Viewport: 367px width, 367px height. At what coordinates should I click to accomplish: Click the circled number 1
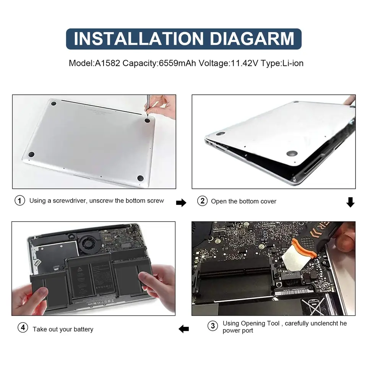click(19, 201)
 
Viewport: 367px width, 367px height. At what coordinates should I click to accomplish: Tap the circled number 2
click(202, 201)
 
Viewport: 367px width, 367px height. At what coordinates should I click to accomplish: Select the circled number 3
click(213, 326)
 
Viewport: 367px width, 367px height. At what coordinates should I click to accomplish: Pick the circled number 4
click(23, 328)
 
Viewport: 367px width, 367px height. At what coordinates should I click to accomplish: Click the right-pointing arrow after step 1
click(181, 203)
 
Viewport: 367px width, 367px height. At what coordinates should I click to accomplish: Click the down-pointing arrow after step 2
click(350, 202)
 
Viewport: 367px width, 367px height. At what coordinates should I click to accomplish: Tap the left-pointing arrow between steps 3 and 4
click(184, 328)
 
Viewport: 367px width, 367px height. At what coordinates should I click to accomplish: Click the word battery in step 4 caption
click(83, 329)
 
